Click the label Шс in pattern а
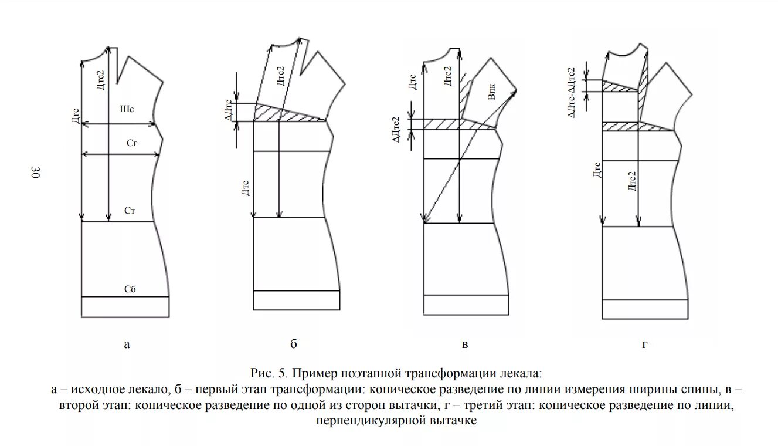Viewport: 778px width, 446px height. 127,109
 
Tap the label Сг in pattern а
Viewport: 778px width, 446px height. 132,143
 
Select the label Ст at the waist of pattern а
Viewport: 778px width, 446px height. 130,210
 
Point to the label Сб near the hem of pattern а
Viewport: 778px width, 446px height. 130,289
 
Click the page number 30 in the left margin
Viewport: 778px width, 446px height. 35,173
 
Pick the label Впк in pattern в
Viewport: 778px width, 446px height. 492,94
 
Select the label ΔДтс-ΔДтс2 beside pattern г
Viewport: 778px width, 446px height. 572,92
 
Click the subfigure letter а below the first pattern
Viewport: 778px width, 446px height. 127,344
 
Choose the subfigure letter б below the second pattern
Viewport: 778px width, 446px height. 294,344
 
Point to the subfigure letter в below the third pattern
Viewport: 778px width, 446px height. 465,344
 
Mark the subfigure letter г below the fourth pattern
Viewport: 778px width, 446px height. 644,344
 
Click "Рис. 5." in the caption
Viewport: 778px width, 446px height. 269,373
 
